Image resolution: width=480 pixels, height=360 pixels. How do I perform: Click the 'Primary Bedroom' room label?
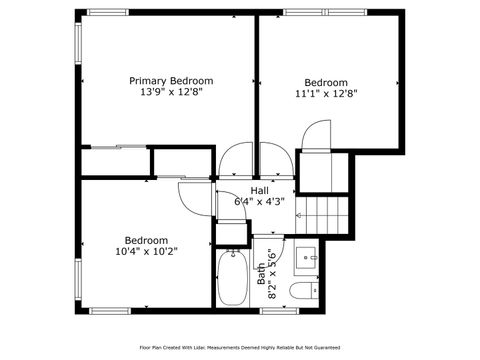click(x=171, y=80)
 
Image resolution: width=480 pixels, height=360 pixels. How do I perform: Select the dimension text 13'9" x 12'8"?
click(x=171, y=93)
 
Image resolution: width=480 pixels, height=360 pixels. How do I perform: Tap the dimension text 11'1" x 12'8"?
click(x=326, y=94)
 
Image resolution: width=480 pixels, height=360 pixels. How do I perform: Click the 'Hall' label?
click(x=260, y=190)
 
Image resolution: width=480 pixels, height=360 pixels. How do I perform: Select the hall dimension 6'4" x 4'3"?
click(x=260, y=201)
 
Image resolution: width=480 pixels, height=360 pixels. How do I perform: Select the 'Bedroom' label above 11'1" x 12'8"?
click(x=326, y=82)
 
